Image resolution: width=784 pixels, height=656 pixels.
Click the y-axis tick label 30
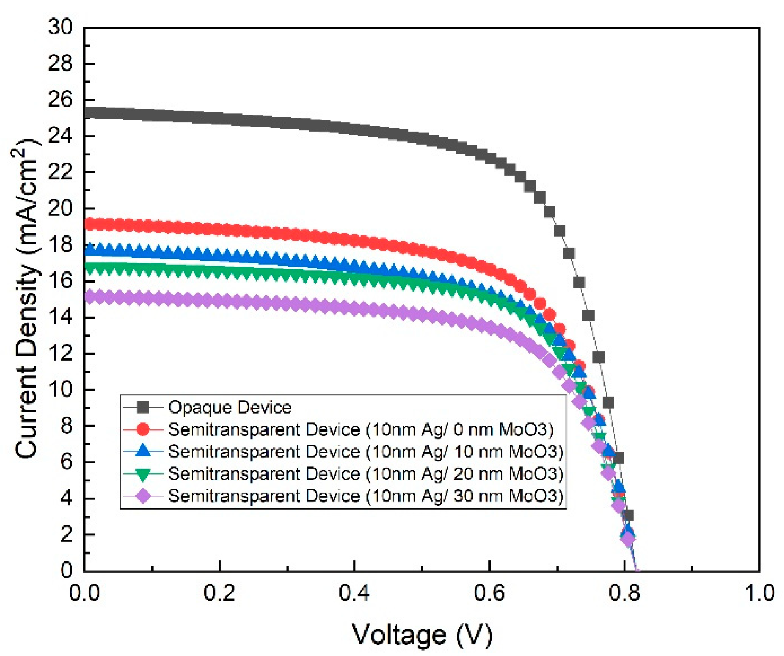pos(60,27)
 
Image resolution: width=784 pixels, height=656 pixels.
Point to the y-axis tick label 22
pos(60,172)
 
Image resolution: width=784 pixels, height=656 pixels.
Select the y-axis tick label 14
pos(60,317)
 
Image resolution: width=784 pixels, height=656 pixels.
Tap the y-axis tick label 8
pos(66,426)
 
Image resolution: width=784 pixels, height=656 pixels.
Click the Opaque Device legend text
pos(230,407)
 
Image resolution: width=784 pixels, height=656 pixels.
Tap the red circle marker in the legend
pos(143,429)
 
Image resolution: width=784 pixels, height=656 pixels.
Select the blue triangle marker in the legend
pos(143,451)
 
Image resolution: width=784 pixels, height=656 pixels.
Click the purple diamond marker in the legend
pos(143,496)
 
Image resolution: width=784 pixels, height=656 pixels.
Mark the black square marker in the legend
pos(143,407)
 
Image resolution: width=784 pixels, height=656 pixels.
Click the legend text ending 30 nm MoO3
pos(365,496)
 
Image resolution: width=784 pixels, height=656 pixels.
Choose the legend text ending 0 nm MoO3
pos(360,429)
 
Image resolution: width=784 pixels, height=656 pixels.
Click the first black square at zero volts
pos(88,112)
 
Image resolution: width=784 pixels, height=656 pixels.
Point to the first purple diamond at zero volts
pos(88,297)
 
